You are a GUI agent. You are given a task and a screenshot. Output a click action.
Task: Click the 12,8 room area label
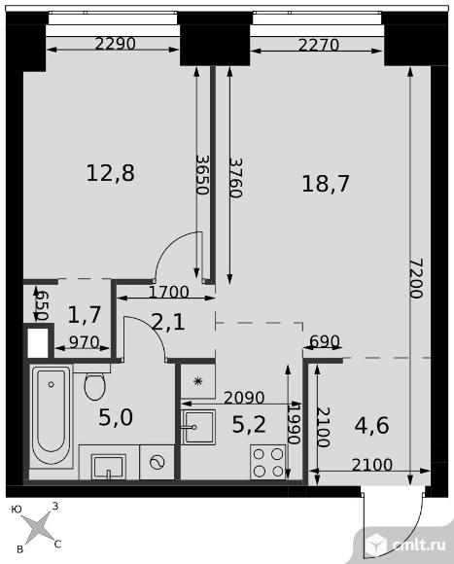[111, 173]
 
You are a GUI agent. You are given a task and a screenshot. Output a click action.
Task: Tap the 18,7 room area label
[326, 184]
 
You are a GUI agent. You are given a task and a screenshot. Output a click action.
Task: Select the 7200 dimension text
[417, 278]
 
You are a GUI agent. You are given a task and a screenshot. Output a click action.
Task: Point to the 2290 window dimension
[116, 44]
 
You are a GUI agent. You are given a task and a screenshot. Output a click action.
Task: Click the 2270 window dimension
[319, 45]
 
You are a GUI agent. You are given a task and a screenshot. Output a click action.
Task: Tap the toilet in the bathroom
[94, 384]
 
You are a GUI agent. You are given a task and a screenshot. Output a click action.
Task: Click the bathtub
[52, 416]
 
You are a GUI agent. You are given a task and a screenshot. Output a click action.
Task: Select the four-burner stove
[268, 462]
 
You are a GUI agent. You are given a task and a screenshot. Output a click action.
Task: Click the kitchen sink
[198, 427]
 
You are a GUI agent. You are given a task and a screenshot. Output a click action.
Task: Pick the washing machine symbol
[157, 462]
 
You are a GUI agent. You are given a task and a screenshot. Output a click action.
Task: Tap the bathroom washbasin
[108, 467]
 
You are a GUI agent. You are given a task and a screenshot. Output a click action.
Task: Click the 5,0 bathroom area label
[116, 417]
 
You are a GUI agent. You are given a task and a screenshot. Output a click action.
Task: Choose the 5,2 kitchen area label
[249, 424]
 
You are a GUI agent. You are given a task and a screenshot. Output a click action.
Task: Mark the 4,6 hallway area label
[371, 426]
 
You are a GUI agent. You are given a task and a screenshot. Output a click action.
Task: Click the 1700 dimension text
[168, 292]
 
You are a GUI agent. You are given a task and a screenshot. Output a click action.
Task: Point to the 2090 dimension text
[244, 398]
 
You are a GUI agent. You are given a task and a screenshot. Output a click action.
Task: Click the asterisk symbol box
[197, 381]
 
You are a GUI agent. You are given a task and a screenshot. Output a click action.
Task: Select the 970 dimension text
[84, 342]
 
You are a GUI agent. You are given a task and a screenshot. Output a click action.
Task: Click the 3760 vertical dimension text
[235, 178]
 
